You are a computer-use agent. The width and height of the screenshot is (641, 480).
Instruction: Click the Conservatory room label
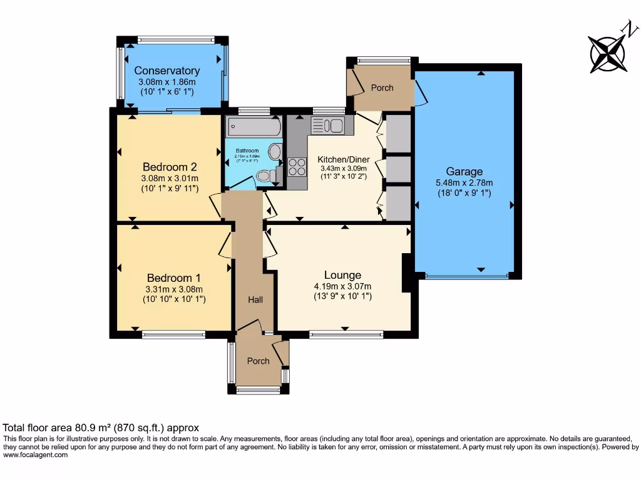point(167,71)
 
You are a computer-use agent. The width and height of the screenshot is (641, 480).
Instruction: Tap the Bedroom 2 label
point(170,167)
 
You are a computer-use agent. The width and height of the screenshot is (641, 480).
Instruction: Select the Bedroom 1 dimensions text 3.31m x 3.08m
point(174,289)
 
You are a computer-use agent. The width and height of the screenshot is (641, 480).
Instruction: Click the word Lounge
point(342,275)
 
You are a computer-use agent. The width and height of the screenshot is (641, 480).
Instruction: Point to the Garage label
point(464,172)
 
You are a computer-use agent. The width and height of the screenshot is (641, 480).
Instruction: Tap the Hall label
point(255,300)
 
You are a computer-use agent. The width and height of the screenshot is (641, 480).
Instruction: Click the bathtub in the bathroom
point(254,127)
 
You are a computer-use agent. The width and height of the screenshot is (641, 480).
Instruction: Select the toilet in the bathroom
point(265,176)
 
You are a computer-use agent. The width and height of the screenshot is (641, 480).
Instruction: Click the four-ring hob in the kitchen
point(297,167)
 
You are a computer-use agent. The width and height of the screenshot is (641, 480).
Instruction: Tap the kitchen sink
point(327,126)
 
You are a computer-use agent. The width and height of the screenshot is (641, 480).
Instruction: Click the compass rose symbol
point(607,51)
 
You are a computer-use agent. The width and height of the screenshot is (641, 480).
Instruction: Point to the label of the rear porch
point(382,87)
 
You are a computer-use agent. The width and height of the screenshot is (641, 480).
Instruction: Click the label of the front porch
point(258,361)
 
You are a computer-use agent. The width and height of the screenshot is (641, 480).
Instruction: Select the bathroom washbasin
point(275,152)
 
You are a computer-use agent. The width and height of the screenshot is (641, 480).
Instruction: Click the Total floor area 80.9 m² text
point(101,428)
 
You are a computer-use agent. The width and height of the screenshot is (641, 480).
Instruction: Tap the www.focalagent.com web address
point(35,455)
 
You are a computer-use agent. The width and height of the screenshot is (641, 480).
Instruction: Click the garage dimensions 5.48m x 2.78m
point(464,183)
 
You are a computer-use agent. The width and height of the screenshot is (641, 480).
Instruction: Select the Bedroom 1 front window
point(173,334)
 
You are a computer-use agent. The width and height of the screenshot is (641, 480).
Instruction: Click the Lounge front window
point(346,334)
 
